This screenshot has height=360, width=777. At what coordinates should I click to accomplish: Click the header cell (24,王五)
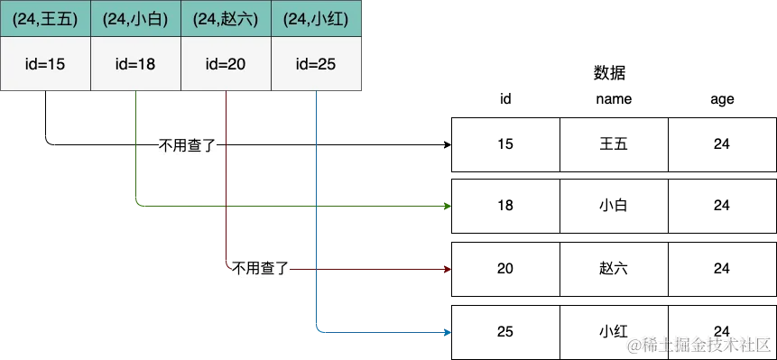pos(45,18)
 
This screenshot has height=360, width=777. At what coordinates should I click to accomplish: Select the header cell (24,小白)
pos(135,18)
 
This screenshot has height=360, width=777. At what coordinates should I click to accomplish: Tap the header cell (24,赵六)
pos(226,18)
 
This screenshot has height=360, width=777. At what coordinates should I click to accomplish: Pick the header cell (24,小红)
pos(316,18)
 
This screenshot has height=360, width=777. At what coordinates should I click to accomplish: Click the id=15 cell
pos(45,64)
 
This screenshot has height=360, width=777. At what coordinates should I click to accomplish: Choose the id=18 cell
pos(135,64)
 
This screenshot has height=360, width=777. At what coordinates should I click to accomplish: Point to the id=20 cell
pos(226,64)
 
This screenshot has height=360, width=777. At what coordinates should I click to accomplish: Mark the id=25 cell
pos(316,64)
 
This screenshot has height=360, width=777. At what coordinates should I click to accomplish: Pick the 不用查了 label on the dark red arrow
pos(263,269)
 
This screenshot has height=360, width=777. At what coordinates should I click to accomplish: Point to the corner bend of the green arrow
pos(134,206)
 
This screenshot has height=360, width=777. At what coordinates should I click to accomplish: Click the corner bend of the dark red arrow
pos(226,269)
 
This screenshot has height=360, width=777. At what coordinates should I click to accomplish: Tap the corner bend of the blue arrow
pos(316,332)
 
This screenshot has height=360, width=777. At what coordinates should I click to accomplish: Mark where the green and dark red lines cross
pos(226,206)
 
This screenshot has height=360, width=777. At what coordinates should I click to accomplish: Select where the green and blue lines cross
pos(316,206)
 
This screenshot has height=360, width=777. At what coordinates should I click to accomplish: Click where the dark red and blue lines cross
pos(316,269)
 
